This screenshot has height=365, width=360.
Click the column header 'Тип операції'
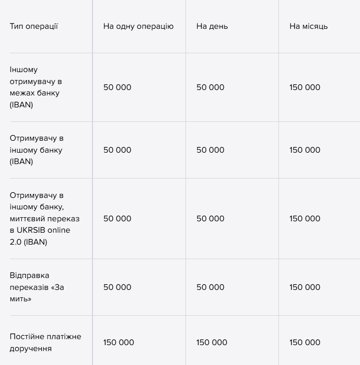34,26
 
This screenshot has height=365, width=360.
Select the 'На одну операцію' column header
138,26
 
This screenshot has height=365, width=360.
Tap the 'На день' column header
212,26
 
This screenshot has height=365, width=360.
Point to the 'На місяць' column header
308,26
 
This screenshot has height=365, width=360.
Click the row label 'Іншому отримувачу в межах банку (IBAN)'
36,87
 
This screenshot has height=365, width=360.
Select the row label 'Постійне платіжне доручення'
45,342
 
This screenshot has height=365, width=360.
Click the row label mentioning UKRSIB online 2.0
44,218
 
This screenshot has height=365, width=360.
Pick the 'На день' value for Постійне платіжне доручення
211,342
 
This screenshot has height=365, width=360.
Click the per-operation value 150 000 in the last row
118,342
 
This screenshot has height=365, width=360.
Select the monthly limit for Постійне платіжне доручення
305,342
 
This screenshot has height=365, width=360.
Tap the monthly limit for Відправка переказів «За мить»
305,287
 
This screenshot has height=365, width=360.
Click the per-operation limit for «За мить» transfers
117,287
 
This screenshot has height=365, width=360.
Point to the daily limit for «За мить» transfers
210,287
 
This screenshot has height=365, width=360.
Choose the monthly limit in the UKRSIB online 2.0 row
305,218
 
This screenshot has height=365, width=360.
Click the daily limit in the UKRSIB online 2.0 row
210,218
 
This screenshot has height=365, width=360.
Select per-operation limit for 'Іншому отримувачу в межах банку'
117,87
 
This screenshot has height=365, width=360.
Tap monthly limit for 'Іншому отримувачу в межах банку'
305,87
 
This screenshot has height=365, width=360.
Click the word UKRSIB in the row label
30,230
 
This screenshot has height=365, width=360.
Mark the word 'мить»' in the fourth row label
20,299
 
